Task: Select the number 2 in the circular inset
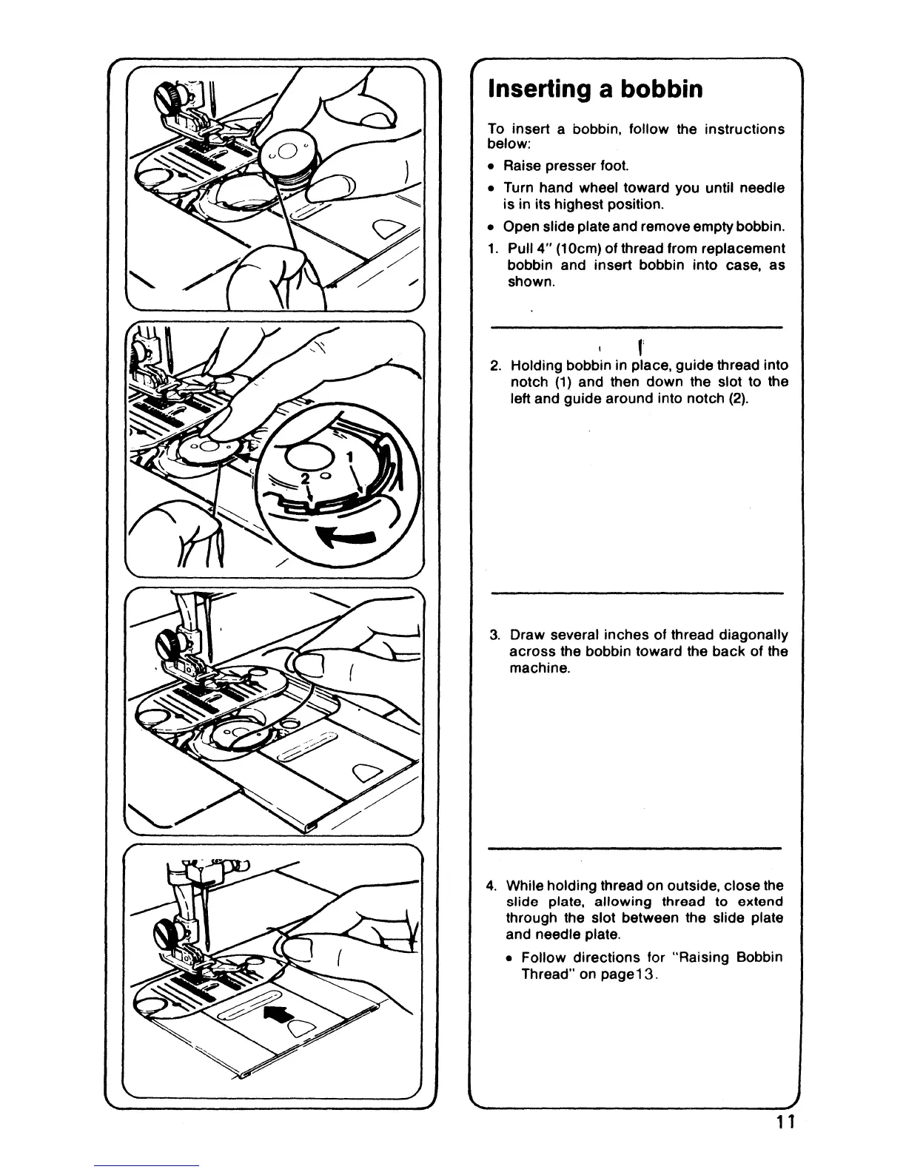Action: (x=303, y=479)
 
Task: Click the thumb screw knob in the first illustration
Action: (x=164, y=95)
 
